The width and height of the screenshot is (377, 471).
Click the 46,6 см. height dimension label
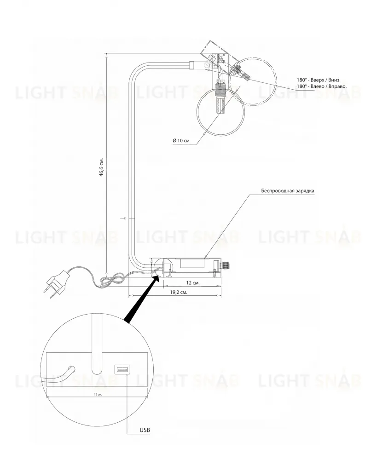pyautogui.click(x=102, y=167)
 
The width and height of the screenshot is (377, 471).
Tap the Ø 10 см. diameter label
pyautogui.click(x=181, y=141)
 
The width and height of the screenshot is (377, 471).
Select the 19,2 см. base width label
pyautogui.click(x=179, y=292)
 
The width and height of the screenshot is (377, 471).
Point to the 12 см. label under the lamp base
pyautogui.click(x=193, y=283)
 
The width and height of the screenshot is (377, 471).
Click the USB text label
pyautogui.click(x=145, y=430)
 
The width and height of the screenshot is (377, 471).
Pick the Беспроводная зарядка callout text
pyautogui.click(x=287, y=191)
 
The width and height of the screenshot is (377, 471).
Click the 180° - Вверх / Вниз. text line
pyautogui.click(x=319, y=80)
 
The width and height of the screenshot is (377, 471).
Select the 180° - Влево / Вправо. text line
pyautogui.click(x=322, y=86)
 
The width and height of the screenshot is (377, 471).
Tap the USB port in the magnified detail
pyautogui.click(x=122, y=369)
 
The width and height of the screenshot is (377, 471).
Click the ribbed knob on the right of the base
pyautogui.click(x=225, y=265)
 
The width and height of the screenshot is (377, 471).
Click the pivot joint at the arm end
pyautogui.click(x=206, y=65)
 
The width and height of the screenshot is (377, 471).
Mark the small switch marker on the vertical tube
pyautogui.click(x=125, y=218)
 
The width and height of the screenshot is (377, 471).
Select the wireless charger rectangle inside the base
pyautogui.click(x=193, y=264)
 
